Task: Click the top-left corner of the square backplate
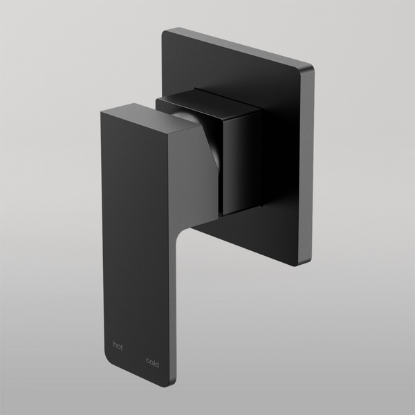click(165, 31)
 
